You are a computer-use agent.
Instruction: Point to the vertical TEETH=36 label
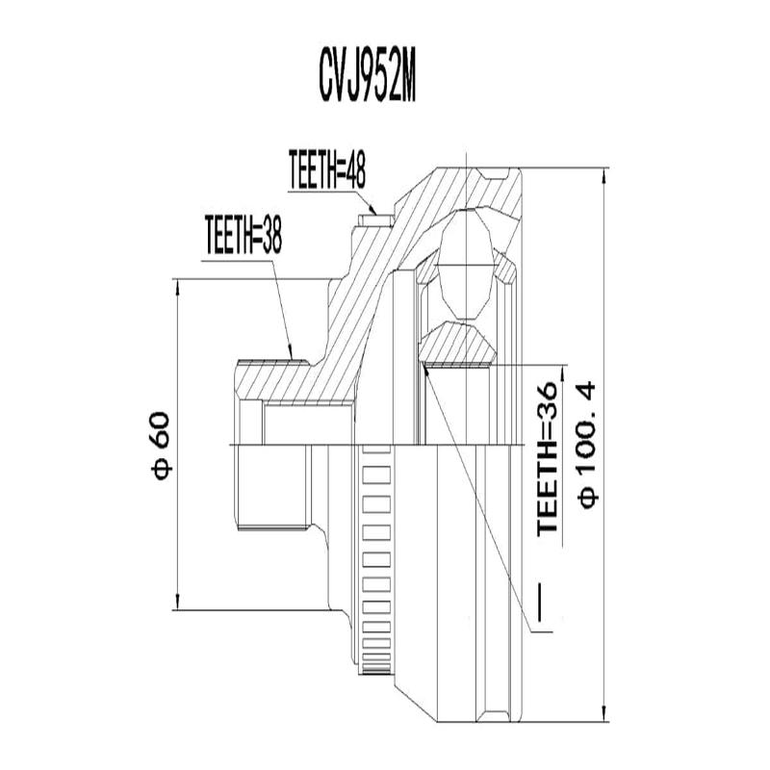click(x=548, y=456)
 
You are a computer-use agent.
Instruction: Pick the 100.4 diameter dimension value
click(x=587, y=424)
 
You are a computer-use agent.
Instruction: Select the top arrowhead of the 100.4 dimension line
click(x=603, y=177)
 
